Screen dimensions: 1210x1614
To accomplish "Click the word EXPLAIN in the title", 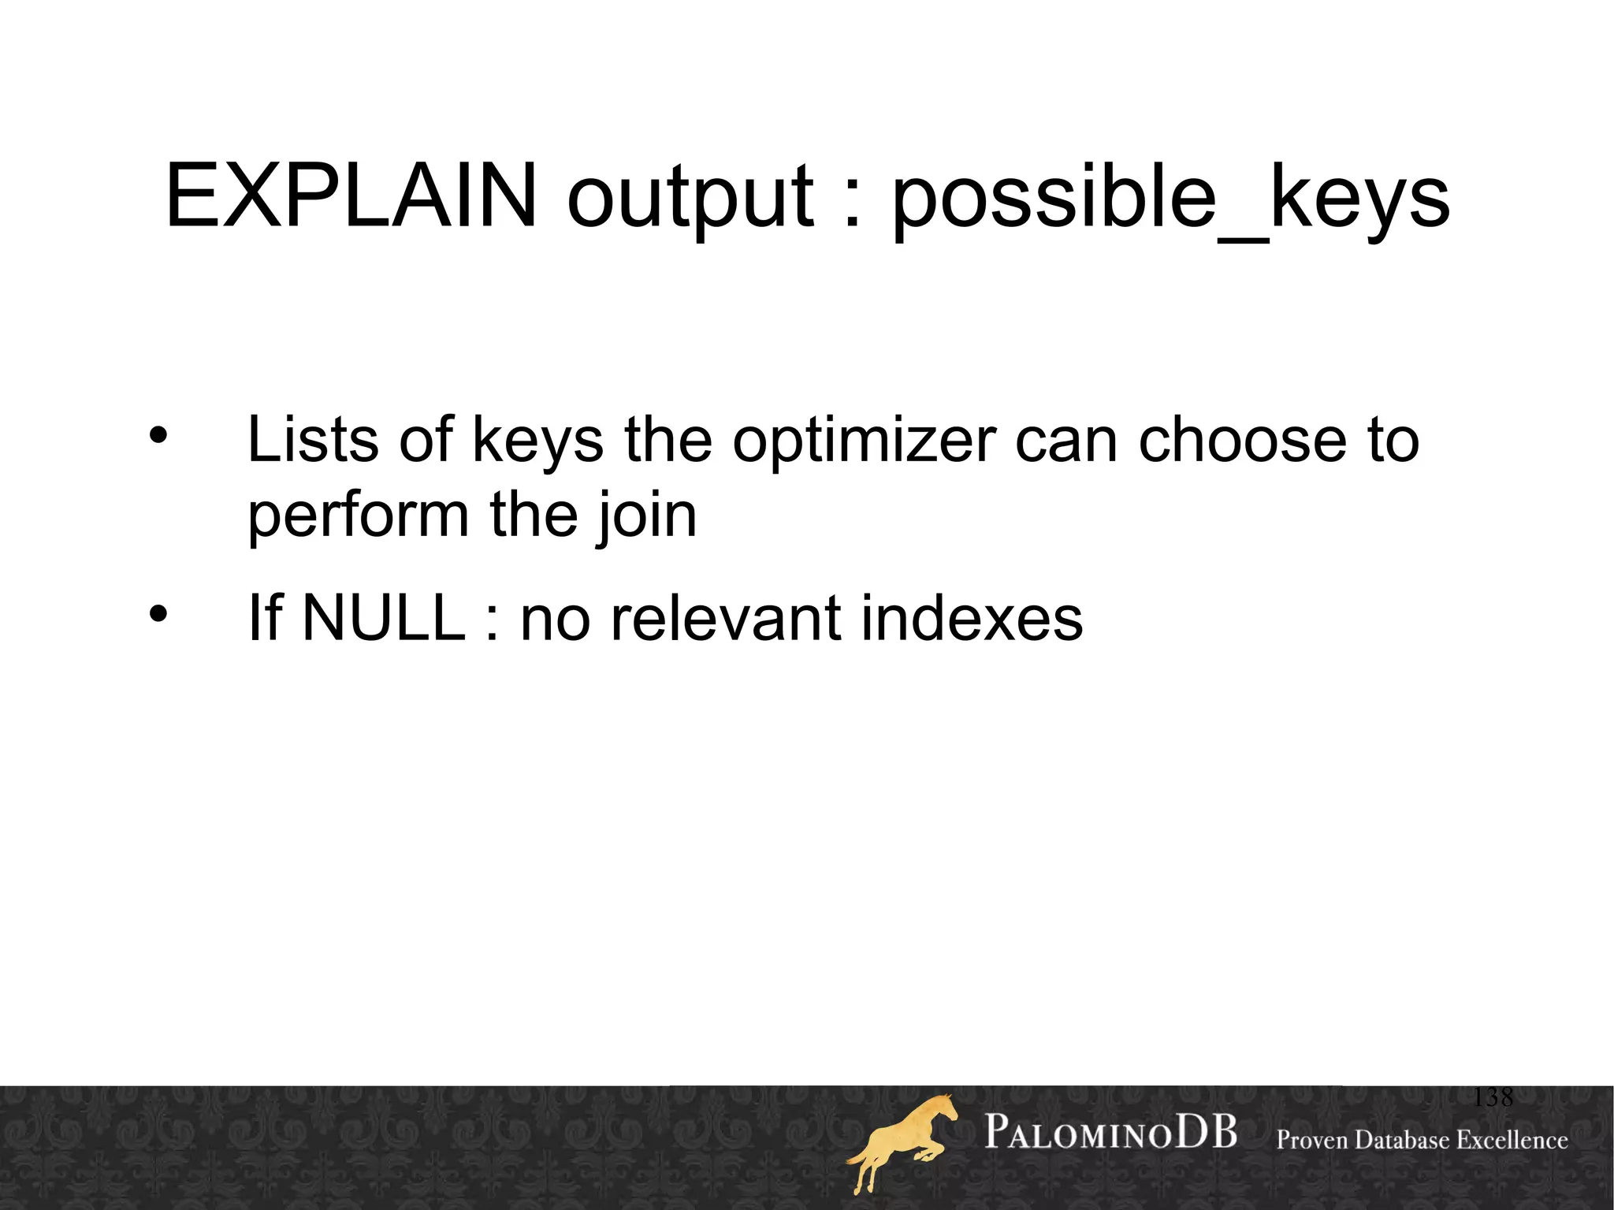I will (x=351, y=195).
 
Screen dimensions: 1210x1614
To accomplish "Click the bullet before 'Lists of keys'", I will (x=158, y=436).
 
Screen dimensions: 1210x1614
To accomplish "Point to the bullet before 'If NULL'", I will (x=158, y=614).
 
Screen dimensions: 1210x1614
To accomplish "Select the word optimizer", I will (x=864, y=441).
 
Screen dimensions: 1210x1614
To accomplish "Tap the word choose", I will (x=1242, y=439).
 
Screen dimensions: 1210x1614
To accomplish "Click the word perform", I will (x=359, y=516).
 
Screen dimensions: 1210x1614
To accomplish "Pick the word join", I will (x=645, y=516).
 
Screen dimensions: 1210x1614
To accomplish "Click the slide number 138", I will (x=1493, y=1097).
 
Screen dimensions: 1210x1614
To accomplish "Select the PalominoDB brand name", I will (x=1110, y=1134).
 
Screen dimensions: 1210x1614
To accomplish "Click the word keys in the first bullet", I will (x=537, y=441).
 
